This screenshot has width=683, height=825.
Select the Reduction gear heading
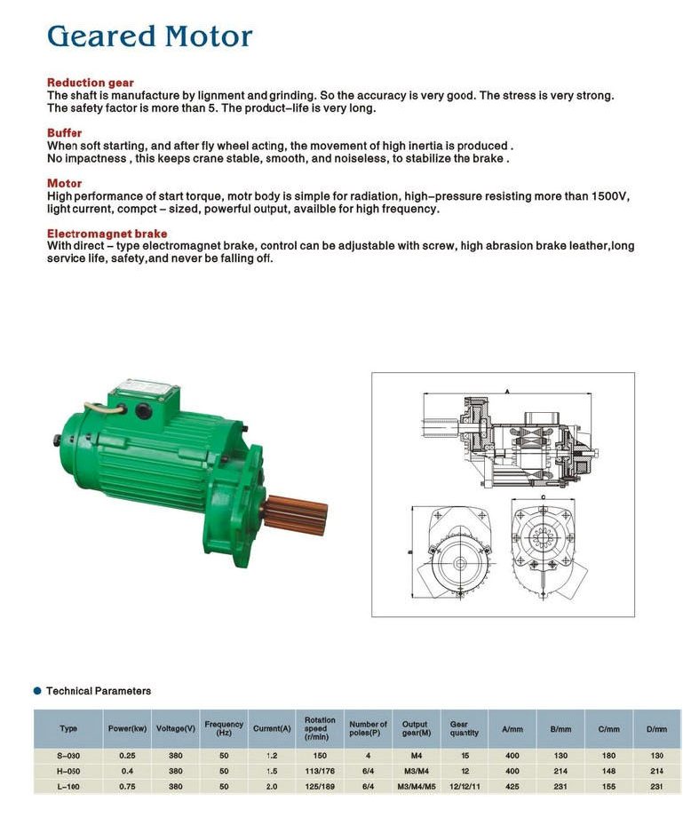pyautogui.click(x=90, y=83)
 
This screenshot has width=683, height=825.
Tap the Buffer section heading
pyautogui.click(x=64, y=133)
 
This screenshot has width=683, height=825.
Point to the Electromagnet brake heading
pyautogui.click(x=107, y=234)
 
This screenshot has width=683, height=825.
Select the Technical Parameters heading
pyautogui.click(x=99, y=691)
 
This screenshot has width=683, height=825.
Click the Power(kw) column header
pyautogui.click(x=127, y=728)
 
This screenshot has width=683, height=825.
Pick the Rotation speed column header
pyautogui.click(x=320, y=728)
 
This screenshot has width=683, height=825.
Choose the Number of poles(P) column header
pyautogui.click(x=368, y=728)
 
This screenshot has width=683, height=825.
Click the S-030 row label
pyautogui.click(x=68, y=756)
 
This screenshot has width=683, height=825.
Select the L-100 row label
pyautogui.click(x=68, y=786)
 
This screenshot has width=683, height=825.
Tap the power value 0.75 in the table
pyautogui.click(x=127, y=786)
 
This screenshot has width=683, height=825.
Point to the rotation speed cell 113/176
pyautogui.click(x=320, y=771)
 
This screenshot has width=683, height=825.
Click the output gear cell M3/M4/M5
pyautogui.click(x=415, y=786)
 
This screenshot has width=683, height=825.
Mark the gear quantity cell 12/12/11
pyautogui.click(x=465, y=786)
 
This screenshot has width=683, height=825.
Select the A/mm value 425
pyautogui.click(x=512, y=786)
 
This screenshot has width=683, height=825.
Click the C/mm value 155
pyautogui.click(x=608, y=786)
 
